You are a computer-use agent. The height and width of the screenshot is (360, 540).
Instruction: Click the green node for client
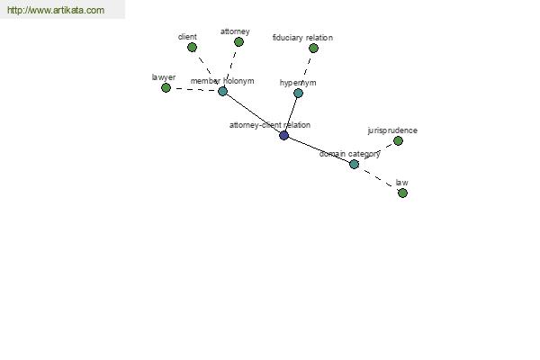[193, 47]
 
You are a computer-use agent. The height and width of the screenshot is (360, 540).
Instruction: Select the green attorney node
[238, 42]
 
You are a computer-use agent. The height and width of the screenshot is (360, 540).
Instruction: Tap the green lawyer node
[166, 88]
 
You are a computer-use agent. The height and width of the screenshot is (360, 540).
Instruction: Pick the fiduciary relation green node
[313, 49]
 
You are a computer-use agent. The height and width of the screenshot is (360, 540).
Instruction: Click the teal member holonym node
[223, 91]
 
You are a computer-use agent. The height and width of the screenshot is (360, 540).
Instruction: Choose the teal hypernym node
[298, 93]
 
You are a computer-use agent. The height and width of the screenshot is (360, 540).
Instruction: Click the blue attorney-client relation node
[283, 135]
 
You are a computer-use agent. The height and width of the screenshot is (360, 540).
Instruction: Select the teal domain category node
[354, 164]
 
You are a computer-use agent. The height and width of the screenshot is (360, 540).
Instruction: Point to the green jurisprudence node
[398, 140]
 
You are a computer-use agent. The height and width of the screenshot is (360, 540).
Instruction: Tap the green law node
[402, 193]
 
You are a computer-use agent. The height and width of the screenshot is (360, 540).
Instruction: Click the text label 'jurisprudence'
[392, 130]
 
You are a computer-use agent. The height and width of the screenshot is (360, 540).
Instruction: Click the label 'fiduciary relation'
[302, 38]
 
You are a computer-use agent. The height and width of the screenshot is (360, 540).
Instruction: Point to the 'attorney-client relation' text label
[270, 125]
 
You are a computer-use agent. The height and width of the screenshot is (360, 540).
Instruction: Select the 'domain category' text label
[349, 154]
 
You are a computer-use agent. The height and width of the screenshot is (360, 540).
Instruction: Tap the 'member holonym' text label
[222, 81]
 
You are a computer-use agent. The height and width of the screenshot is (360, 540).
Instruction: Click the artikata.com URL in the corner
[56, 10]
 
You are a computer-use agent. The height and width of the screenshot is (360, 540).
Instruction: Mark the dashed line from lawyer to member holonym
[194, 90]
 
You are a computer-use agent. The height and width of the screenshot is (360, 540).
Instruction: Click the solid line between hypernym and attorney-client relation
[291, 114]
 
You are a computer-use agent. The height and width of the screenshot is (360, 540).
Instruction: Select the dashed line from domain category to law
[378, 178]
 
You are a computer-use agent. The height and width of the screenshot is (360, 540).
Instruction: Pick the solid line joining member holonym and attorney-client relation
[253, 113]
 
